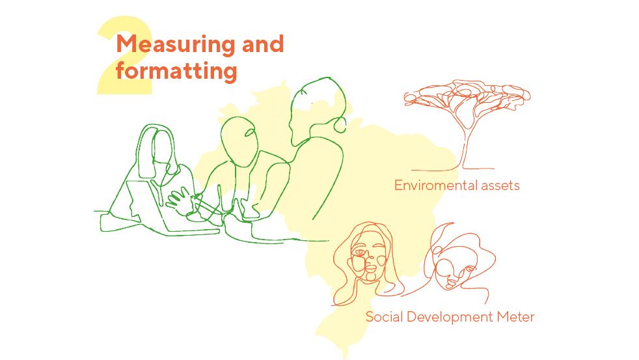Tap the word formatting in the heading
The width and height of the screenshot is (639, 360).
(176, 71)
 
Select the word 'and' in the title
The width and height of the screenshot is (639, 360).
(263, 44)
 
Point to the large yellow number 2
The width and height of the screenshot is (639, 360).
(124, 55)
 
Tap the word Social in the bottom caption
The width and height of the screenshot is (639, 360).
(385, 317)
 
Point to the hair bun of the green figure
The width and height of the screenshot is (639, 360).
(340, 125)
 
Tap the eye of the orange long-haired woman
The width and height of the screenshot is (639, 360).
(360, 253)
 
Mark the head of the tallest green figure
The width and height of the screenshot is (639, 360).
(316, 109)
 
